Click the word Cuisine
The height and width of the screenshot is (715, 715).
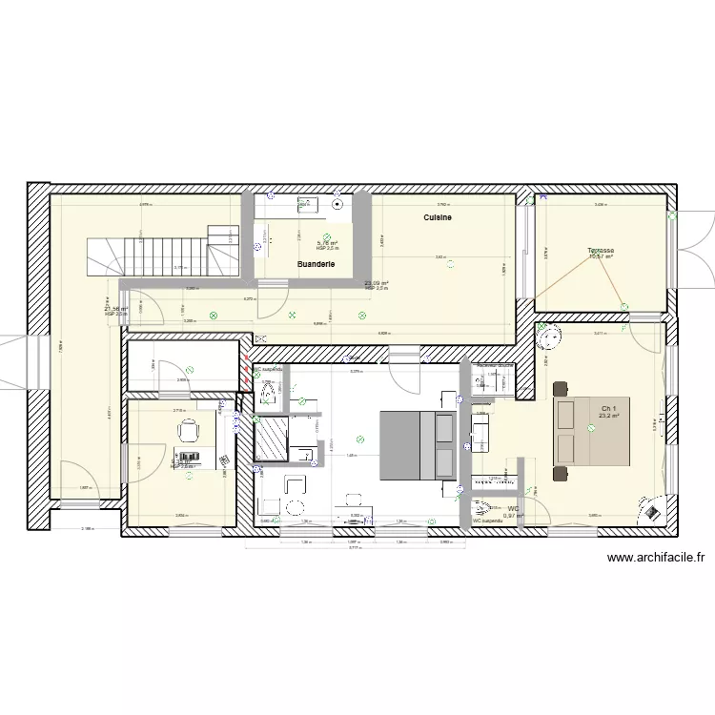[438, 218]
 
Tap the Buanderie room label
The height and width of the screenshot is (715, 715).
[315, 263]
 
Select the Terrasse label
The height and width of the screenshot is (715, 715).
[601, 252]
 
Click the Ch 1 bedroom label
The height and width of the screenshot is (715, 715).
[609, 408]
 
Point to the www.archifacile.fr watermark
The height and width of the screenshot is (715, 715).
[654, 560]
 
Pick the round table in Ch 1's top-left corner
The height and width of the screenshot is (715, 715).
[549, 336]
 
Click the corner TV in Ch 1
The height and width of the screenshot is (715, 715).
[652, 511]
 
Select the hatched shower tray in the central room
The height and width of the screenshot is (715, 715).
[272, 439]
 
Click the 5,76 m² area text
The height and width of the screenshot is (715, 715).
[327, 243]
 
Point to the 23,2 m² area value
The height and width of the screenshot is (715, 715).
[609, 416]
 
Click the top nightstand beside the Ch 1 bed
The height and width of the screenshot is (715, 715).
[559, 388]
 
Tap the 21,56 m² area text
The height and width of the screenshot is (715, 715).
[116, 308]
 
